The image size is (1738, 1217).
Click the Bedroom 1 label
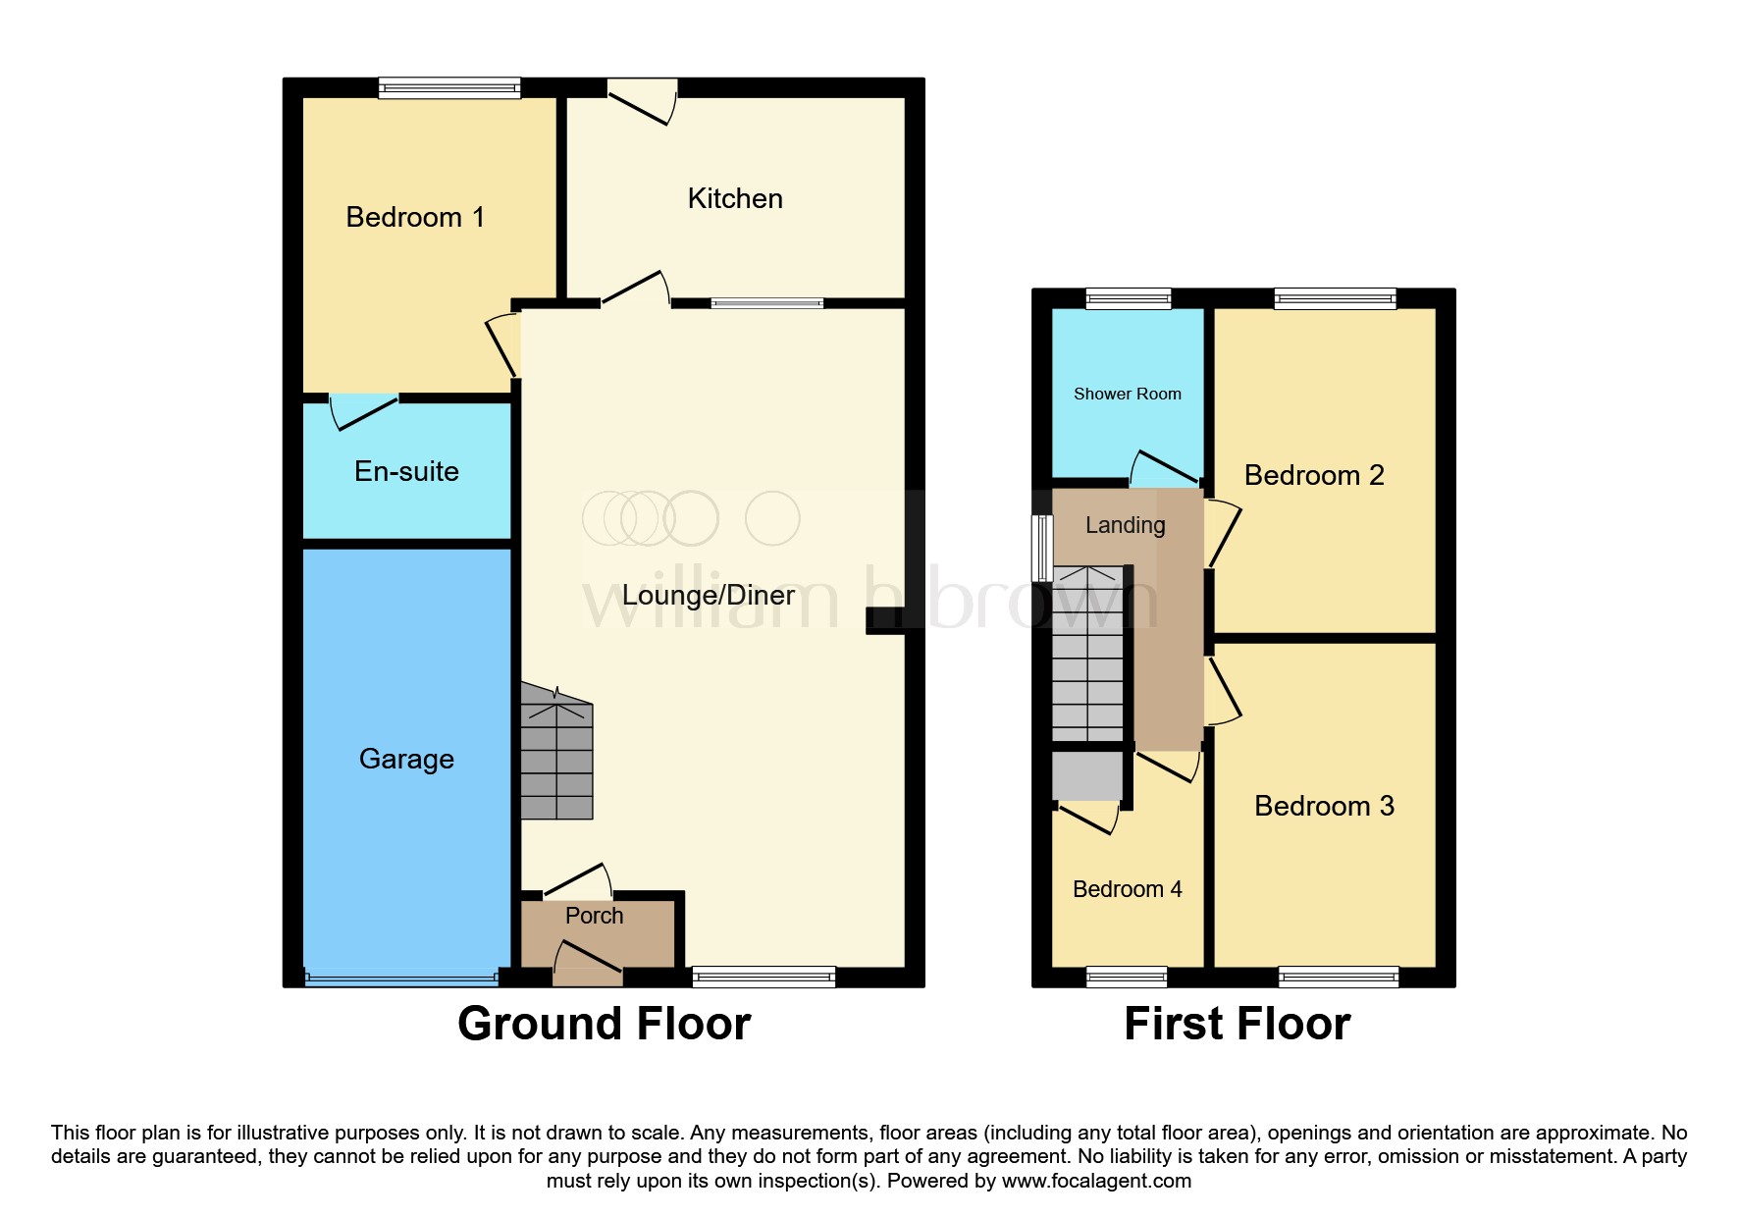pos(415,217)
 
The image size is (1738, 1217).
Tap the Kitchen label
pos(735,198)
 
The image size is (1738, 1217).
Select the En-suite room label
pos(406,471)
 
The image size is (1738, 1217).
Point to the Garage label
pos(406,759)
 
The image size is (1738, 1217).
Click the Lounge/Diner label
pos(708,595)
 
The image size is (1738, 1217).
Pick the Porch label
pos(594,916)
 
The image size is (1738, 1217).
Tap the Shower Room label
pos(1127,394)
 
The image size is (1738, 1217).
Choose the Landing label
pos(1125,525)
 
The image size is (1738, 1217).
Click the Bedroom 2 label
pos(1313,475)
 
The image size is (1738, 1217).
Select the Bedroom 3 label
pos(1323,806)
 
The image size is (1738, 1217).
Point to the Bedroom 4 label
pos(1127,889)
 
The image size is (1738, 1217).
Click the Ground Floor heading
pos(604,1024)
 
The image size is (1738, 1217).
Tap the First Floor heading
pos(1237,1024)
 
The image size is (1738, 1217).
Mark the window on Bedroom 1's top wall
pos(449,88)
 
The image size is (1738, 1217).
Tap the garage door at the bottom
pos(401,978)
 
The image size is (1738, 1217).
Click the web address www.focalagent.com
pos(1096,1181)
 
